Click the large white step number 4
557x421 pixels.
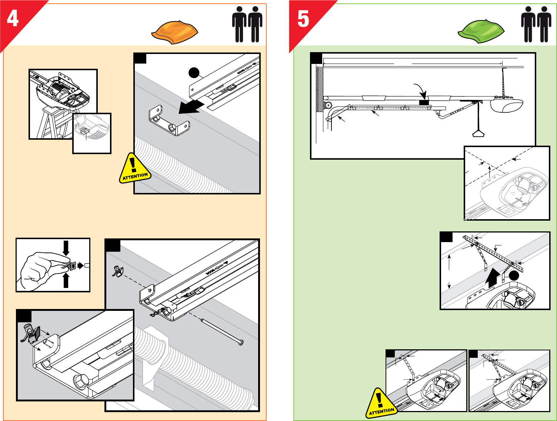13,18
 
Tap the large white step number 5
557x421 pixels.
303,19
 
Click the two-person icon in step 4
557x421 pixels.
247,24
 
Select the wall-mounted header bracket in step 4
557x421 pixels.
169,120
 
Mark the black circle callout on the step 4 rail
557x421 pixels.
194,73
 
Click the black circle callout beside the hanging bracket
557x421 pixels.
514,275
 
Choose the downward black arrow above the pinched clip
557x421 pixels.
66,248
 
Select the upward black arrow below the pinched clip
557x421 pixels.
66,281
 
